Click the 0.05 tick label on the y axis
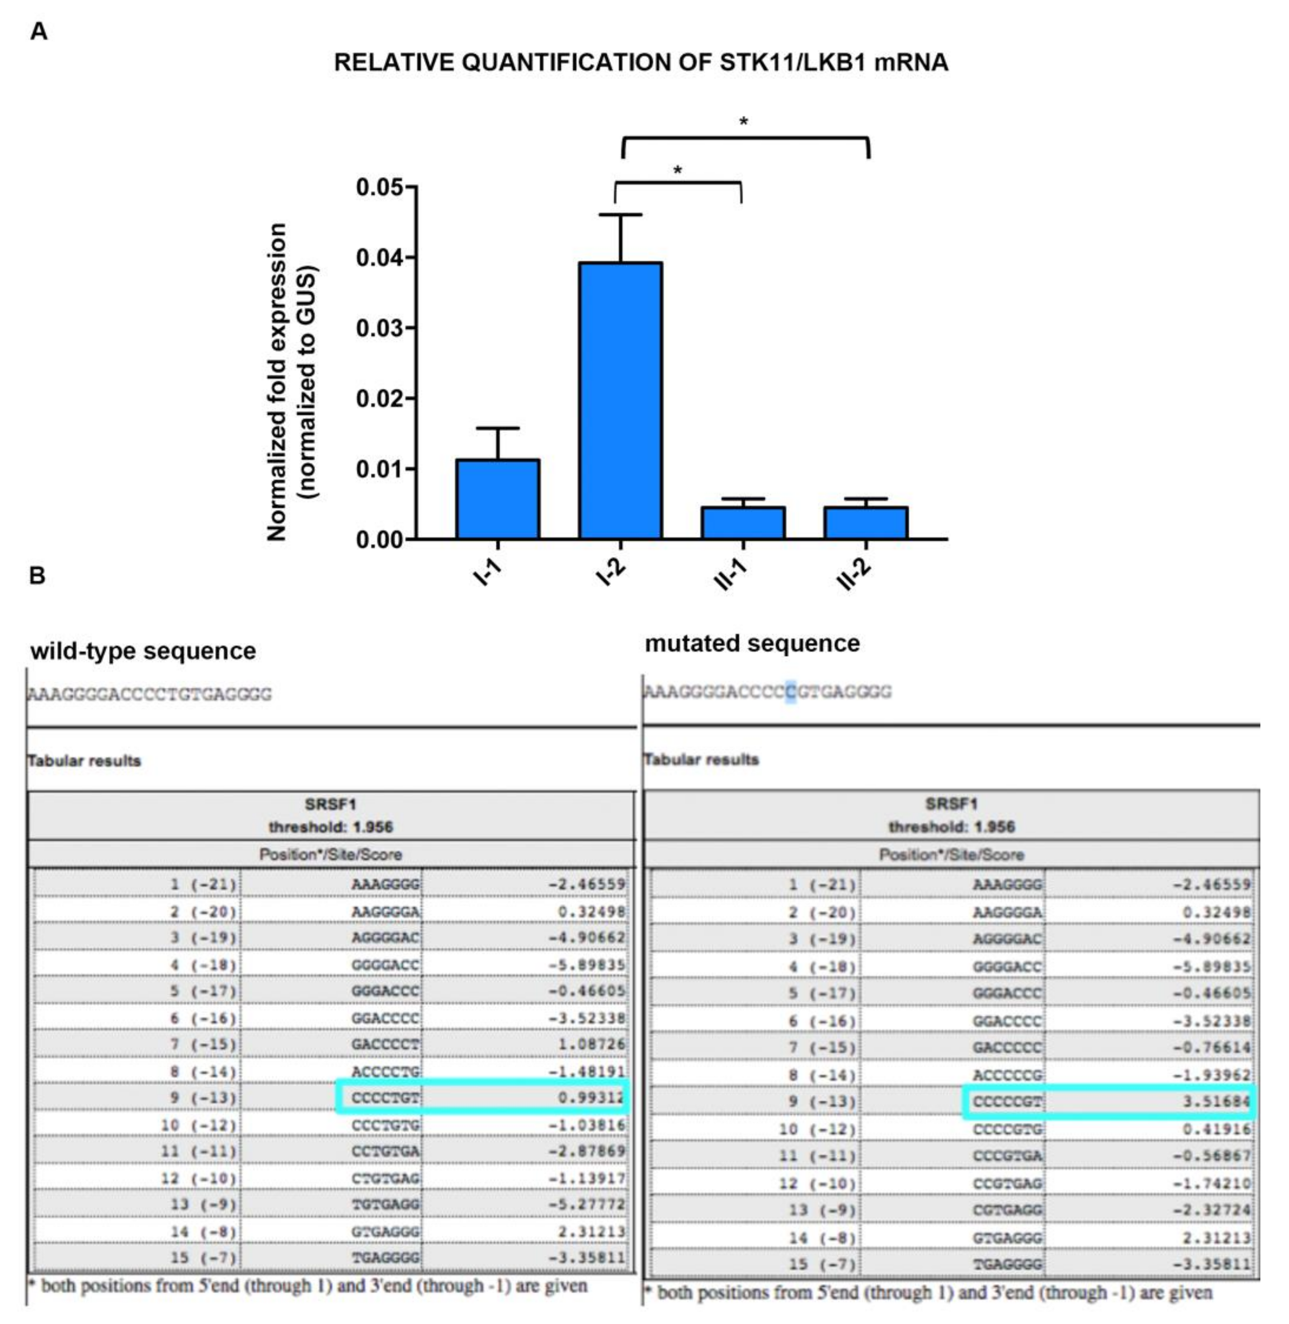(x=379, y=188)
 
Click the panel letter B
(x=37, y=575)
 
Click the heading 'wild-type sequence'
(x=144, y=651)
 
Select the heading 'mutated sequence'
(x=752, y=643)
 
